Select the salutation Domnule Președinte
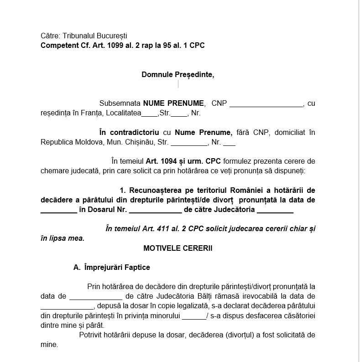tap(177, 75)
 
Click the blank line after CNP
tap(266, 104)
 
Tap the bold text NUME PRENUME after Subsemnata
tap(173, 103)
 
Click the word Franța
tap(95, 113)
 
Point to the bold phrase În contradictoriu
tap(129, 133)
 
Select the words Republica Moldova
tap(66, 142)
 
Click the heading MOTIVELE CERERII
tap(177, 248)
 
